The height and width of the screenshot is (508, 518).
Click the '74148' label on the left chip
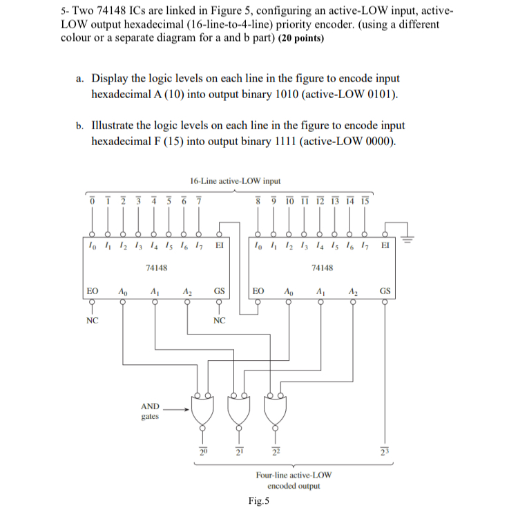pyautogui.click(x=155, y=267)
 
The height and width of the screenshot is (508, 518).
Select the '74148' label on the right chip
pyautogui.click(x=323, y=267)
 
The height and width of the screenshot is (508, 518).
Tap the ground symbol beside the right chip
pyautogui.click(x=409, y=238)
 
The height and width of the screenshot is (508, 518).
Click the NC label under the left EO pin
pyautogui.click(x=92, y=321)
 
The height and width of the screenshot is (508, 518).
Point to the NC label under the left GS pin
pyautogui.click(x=219, y=321)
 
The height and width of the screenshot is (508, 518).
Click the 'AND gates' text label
pyautogui.click(x=150, y=411)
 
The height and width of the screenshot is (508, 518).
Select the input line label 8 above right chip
pyautogui.click(x=258, y=200)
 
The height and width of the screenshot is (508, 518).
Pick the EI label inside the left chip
pyautogui.click(x=220, y=245)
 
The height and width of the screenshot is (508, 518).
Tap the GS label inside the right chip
pyautogui.click(x=384, y=293)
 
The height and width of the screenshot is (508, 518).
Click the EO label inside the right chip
pyautogui.click(x=258, y=293)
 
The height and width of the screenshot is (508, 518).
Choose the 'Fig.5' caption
pyautogui.click(x=259, y=501)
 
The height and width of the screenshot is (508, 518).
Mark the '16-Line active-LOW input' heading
pyautogui.click(x=235, y=181)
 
